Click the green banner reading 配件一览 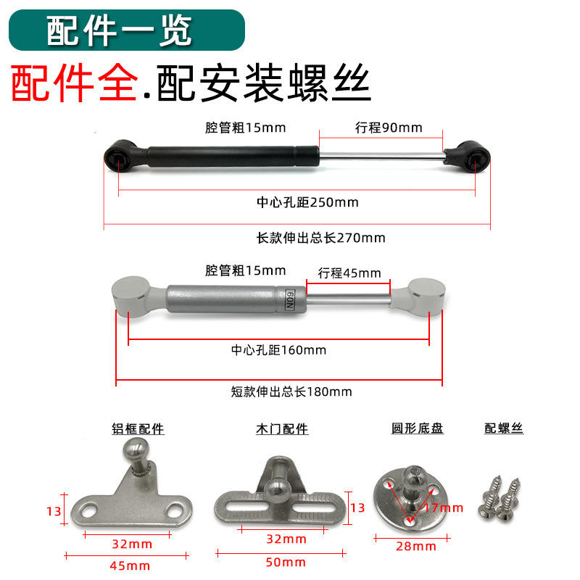127,29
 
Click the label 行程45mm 349,273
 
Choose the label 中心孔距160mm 278,349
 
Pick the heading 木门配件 281,429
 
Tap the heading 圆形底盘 417,428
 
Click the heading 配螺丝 504,428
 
